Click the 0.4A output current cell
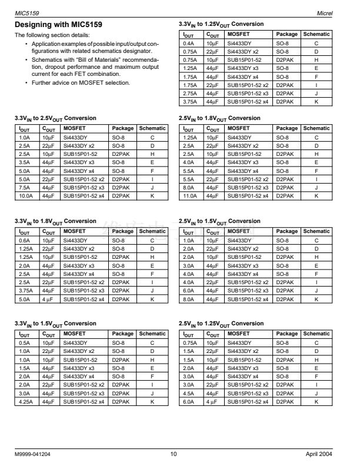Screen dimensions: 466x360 coord(188,43)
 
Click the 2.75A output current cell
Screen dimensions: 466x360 coord(189,93)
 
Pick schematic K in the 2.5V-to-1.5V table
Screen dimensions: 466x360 coord(316,299)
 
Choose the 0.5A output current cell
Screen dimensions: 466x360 coord(24,343)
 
